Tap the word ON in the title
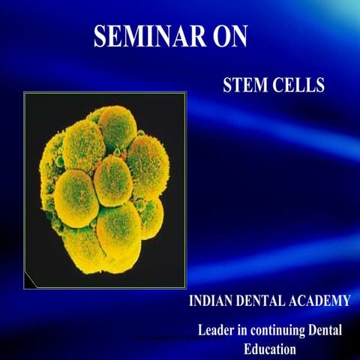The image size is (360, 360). point(228,36)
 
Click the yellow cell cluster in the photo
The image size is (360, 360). point(105,187)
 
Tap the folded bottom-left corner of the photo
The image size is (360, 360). point(31,280)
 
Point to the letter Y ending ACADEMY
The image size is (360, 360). point(346,302)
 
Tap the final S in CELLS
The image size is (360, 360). point(320,85)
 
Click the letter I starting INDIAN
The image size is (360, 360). point(191,302)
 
